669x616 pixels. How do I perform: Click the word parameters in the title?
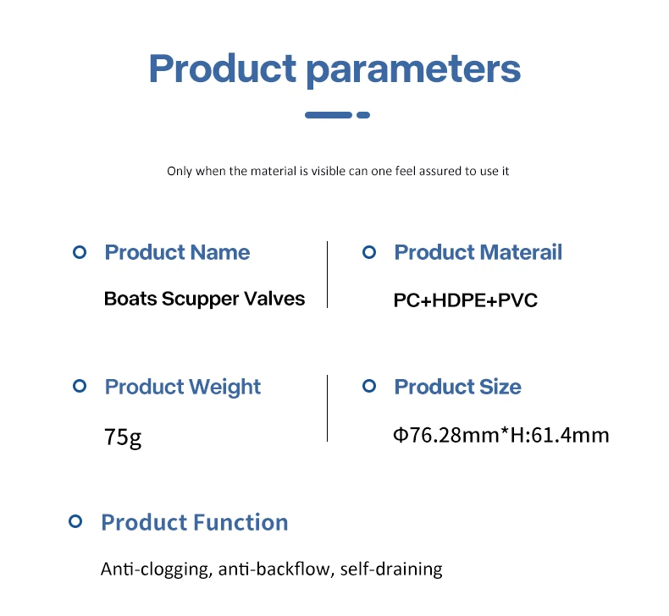pyautogui.click(x=413, y=70)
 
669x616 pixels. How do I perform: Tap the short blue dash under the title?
pyautogui.click(x=363, y=115)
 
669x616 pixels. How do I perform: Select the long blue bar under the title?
pyautogui.click(x=329, y=115)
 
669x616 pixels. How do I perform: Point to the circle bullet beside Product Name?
pyautogui.click(x=80, y=252)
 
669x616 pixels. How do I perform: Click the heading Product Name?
pyautogui.click(x=177, y=252)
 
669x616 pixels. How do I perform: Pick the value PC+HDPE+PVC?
pyautogui.click(x=466, y=300)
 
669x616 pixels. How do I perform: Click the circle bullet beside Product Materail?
pyautogui.click(x=369, y=252)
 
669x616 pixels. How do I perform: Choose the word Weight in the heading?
pyautogui.click(x=225, y=387)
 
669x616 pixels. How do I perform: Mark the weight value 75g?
pyautogui.click(x=123, y=437)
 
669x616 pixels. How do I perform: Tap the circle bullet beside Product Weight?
pyautogui.click(x=80, y=386)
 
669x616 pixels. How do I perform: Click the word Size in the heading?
pyautogui.click(x=500, y=387)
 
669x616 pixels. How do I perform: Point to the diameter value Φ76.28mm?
pyautogui.click(x=445, y=435)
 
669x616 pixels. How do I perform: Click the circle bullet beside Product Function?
pyautogui.click(x=75, y=521)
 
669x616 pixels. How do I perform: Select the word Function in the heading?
pyautogui.click(x=241, y=523)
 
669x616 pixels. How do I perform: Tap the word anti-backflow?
pyautogui.click(x=276, y=569)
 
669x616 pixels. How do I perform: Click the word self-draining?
pyautogui.click(x=391, y=569)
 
